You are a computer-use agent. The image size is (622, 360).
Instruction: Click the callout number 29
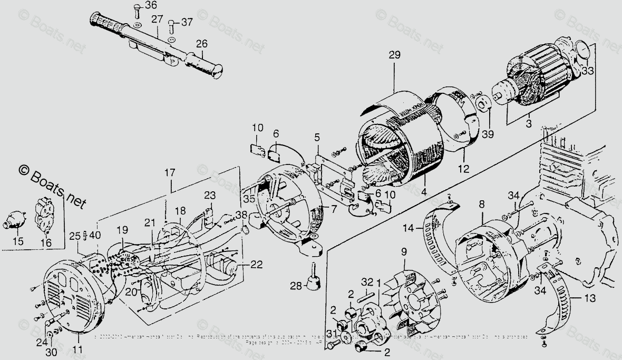tap(394, 55)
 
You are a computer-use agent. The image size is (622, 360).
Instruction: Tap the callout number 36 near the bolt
tap(136, 6)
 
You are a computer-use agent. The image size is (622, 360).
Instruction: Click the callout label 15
tap(18, 241)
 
